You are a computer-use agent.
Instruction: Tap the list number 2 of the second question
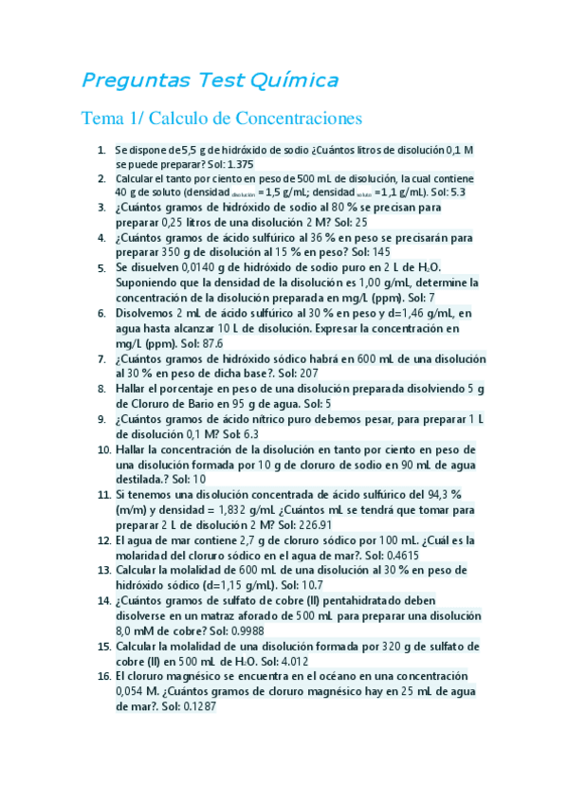[101, 178]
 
